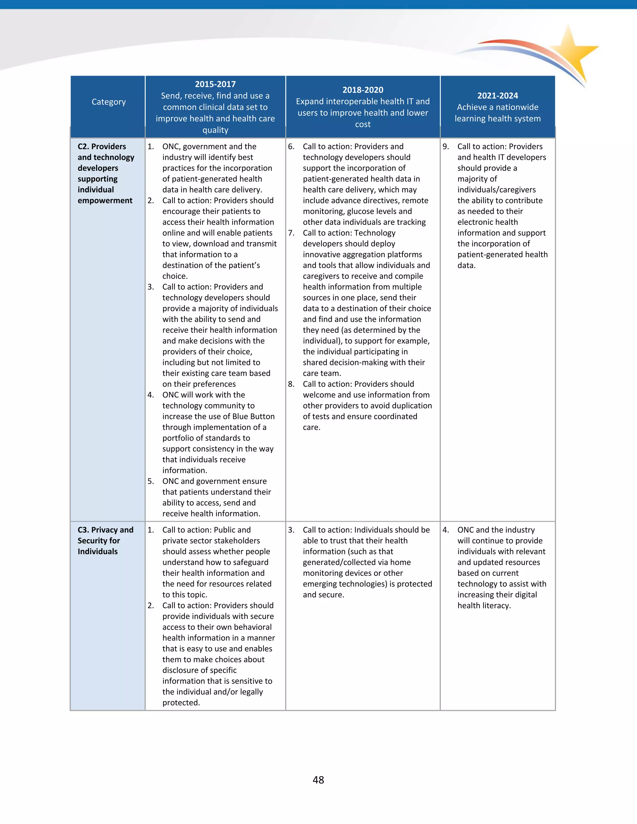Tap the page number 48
(x=318, y=780)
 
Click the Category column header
(x=109, y=102)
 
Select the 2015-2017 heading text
(x=215, y=84)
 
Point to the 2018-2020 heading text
(x=363, y=90)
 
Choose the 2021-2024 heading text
(x=497, y=95)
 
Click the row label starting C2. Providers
(x=106, y=173)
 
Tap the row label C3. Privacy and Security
(x=105, y=540)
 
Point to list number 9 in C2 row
(x=446, y=146)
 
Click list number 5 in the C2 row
(x=151, y=481)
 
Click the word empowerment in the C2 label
(x=105, y=200)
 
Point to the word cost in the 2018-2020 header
(x=363, y=124)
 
